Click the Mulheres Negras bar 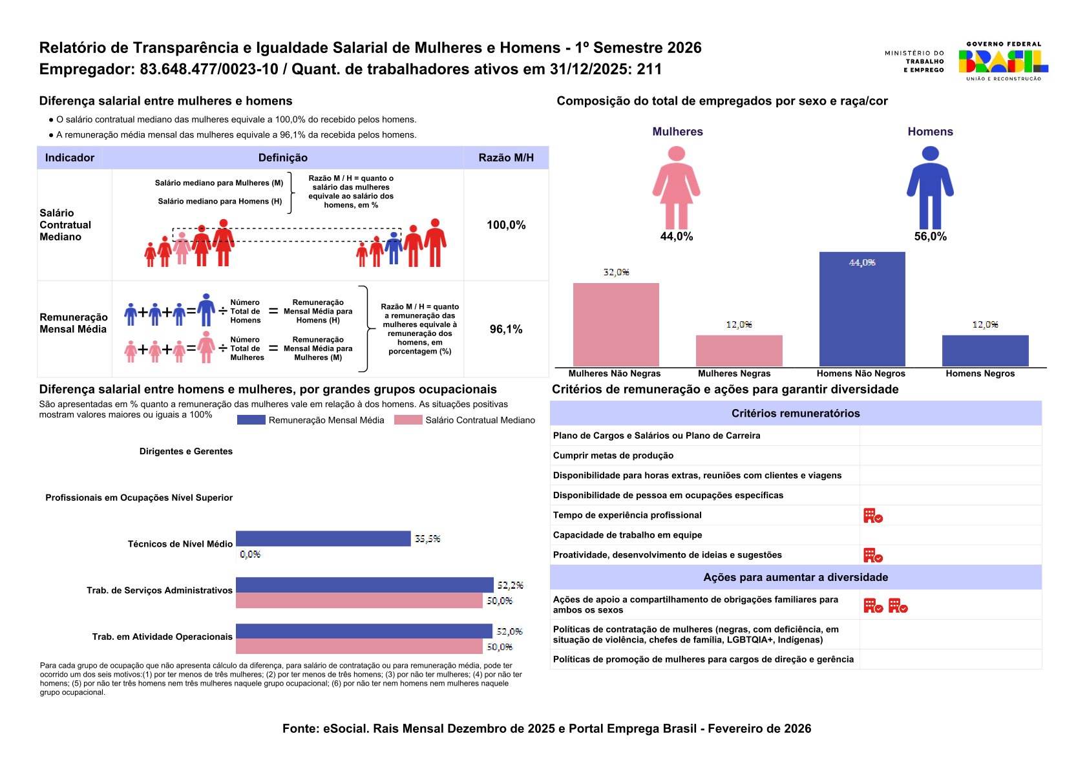pyautogui.click(x=739, y=351)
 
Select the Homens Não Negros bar pyautogui.click(x=862, y=310)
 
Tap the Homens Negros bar pyautogui.click(x=985, y=351)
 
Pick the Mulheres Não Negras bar pyautogui.click(x=616, y=325)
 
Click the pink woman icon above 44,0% pyautogui.click(x=676, y=187)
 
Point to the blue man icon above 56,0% pyautogui.click(x=930, y=187)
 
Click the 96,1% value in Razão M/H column pyautogui.click(x=506, y=330)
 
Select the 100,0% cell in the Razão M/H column pyautogui.click(x=506, y=225)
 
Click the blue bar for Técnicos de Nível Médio pyautogui.click(x=323, y=538)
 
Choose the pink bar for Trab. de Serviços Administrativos pyautogui.click(x=359, y=601)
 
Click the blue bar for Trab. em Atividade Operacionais pyautogui.click(x=364, y=631)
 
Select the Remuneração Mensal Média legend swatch pyautogui.click(x=251, y=420)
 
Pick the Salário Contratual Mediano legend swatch pyautogui.click(x=408, y=420)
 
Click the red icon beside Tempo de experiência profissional pyautogui.click(x=872, y=516)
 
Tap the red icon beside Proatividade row pyautogui.click(x=872, y=555)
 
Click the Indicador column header pyautogui.click(x=70, y=158)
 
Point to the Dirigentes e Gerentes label pyautogui.click(x=186, y=452)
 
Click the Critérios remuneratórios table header pyautogui.click(x=796, y=414)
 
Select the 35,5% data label pyautogui.click(x=427, y=539)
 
